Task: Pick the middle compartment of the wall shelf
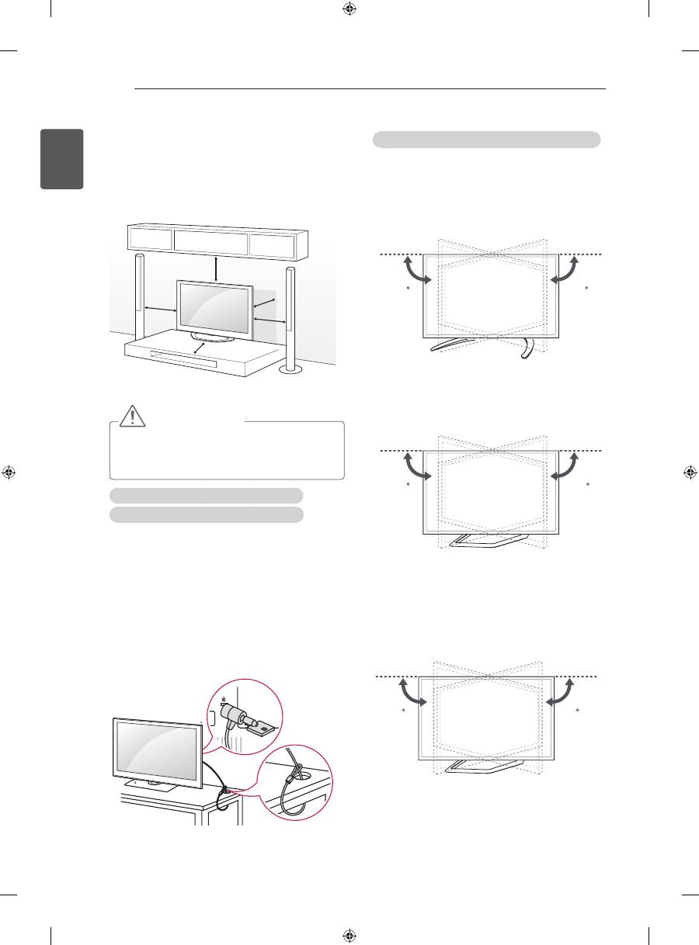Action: click(210, 241)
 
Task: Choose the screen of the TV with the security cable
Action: click(158, 748)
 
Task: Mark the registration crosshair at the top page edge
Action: click(349, 10)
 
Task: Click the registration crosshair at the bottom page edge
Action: click(349, 935)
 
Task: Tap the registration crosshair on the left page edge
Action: click(10, 472)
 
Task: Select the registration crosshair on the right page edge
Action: click(688, 472)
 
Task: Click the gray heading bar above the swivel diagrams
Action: click(486, 140)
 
